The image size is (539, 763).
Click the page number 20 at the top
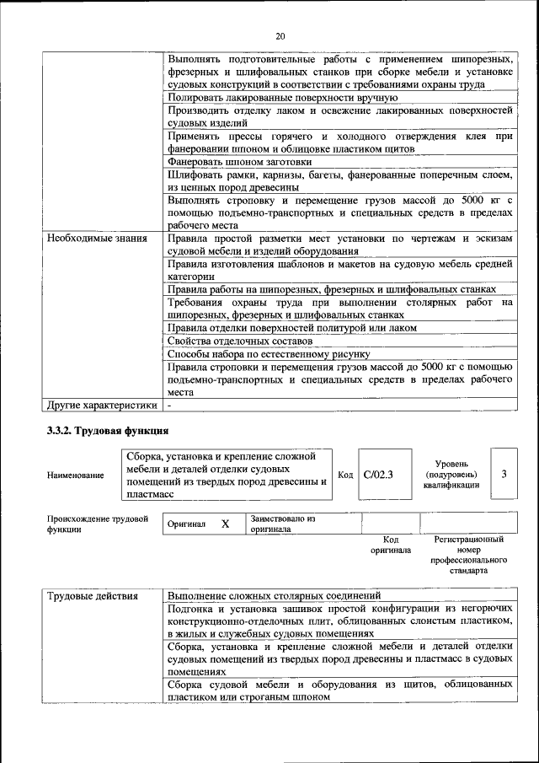click(280, 35)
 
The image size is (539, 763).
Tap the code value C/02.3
click(378, 475)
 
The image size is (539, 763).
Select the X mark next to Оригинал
click(225, 524)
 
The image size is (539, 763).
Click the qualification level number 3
click(504, 474)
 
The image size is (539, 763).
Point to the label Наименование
click(76, 476)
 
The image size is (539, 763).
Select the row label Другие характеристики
click(102, 406)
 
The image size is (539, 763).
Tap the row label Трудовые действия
click(93, 596)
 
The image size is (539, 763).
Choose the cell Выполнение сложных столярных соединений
click(274, 596)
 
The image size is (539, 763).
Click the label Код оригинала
click(391, 545)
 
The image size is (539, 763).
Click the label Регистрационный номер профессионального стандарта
click(468, 554)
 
